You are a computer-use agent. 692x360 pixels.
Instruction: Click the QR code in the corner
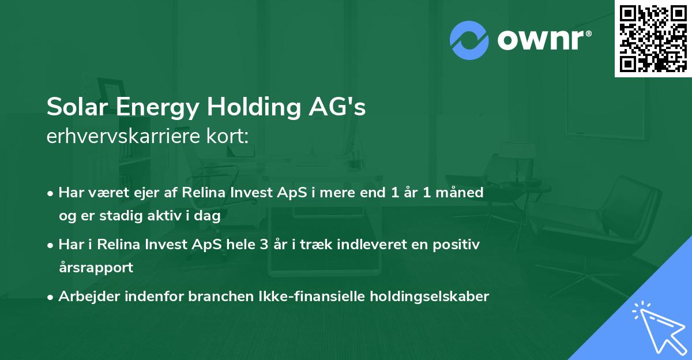tap(653, 39)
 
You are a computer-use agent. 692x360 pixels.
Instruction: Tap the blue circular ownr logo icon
tap(469, 40)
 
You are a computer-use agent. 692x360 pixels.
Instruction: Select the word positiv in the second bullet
tap(458, 245)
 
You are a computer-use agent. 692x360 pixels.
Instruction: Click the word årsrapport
tap(96, 268)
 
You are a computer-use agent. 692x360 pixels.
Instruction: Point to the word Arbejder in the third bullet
tap(84, 297)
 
